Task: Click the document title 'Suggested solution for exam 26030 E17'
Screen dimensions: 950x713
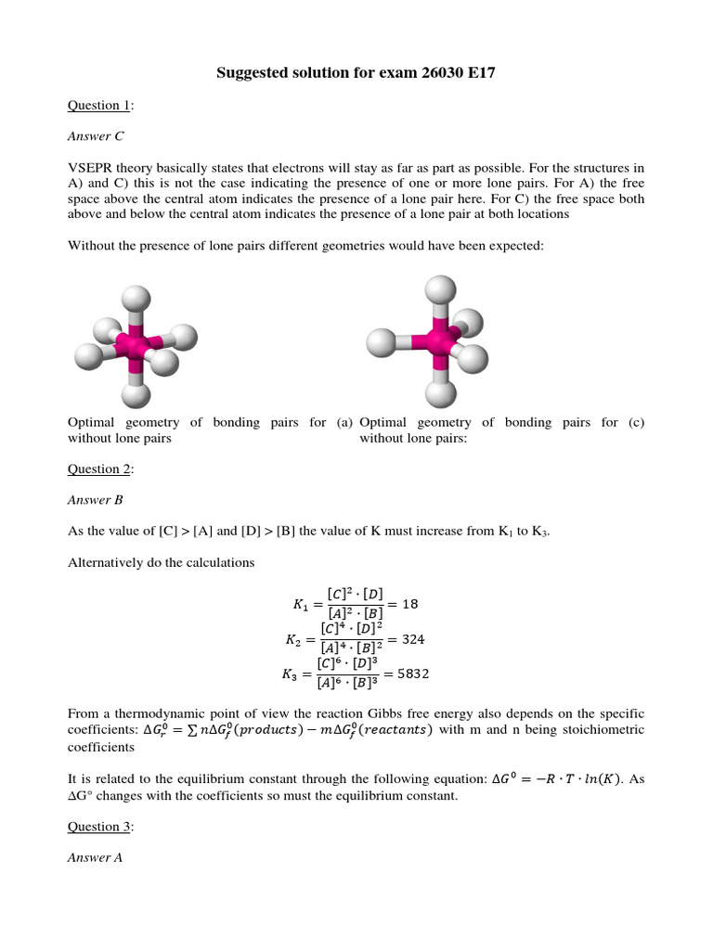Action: coord(356,72)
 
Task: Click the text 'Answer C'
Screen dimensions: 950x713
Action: coord(96,136)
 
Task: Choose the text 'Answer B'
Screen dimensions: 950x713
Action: coord(96,500)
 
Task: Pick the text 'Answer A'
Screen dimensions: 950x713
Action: coord(96,858)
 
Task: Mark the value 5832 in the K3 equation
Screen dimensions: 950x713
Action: coord(413,674)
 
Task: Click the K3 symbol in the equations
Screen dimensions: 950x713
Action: coord(290,675)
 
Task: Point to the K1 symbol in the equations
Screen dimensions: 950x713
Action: coord(299,604)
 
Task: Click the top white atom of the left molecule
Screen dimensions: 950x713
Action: coord(136,299)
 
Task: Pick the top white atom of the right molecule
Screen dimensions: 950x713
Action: coord(437,288)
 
